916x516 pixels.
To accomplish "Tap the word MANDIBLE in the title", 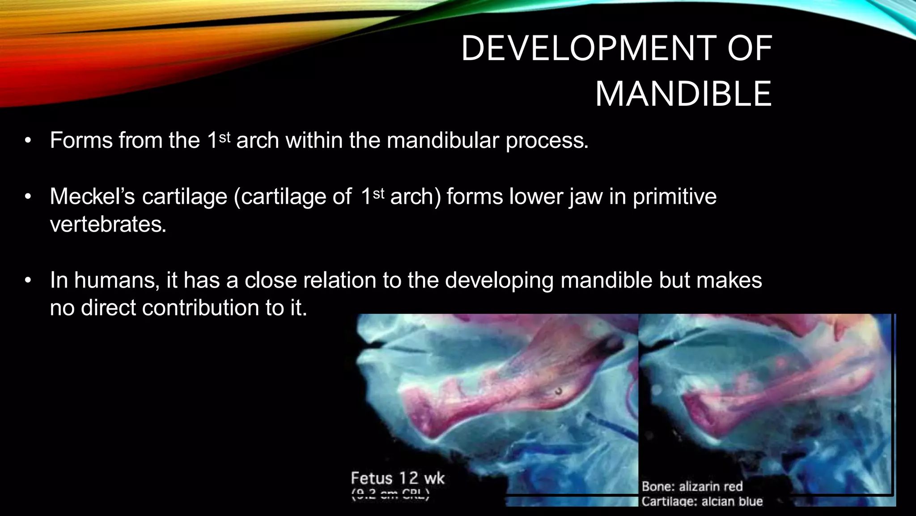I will point(683,94).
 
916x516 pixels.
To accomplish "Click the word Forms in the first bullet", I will point(81,141).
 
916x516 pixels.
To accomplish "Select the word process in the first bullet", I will point(547,141).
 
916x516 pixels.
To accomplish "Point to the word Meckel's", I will point(92,197).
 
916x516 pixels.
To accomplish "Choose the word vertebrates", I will point(108,224).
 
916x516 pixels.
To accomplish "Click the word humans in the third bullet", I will point(117,281).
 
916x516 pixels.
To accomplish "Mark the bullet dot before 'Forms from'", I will point(28,141).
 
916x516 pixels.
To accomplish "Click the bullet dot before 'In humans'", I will point(28,281).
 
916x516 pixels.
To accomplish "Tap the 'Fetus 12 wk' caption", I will point(397,478).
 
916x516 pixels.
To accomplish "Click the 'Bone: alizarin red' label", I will point(692,486).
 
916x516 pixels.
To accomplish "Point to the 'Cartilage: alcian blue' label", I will point(702,501).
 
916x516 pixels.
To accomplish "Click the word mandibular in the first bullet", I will point(443,141).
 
